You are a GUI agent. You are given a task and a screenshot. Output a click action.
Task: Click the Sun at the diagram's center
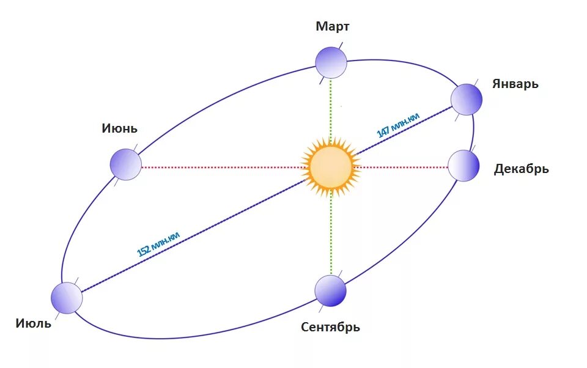coord(331,166)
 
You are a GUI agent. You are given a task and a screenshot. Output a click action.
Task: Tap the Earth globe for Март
coord(331,62)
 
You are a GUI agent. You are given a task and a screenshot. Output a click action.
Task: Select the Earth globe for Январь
coord(467,100)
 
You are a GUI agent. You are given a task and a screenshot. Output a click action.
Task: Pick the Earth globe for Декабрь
coord(463,166)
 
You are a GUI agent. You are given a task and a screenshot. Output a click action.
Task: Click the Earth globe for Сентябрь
coord(330,290)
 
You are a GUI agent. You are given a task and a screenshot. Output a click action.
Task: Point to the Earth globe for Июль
coord(66,298)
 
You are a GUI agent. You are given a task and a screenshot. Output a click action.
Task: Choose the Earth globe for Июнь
coord(125,164)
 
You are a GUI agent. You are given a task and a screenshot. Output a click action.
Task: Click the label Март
coord(333,26)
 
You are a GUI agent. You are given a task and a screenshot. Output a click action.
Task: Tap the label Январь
coord(515,84)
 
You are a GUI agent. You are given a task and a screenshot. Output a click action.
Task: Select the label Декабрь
coord(521,169)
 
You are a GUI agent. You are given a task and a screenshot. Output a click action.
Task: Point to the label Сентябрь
coord(330,327)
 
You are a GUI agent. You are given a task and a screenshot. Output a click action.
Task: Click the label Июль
coord(34,323)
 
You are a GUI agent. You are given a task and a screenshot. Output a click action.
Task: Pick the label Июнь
coord(120,128)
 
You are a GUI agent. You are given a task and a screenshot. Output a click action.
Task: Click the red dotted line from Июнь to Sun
coord(220,166)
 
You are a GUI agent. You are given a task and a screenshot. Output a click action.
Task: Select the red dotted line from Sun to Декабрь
coord(401,166)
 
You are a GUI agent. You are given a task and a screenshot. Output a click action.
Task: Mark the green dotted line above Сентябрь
coord(331,235)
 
